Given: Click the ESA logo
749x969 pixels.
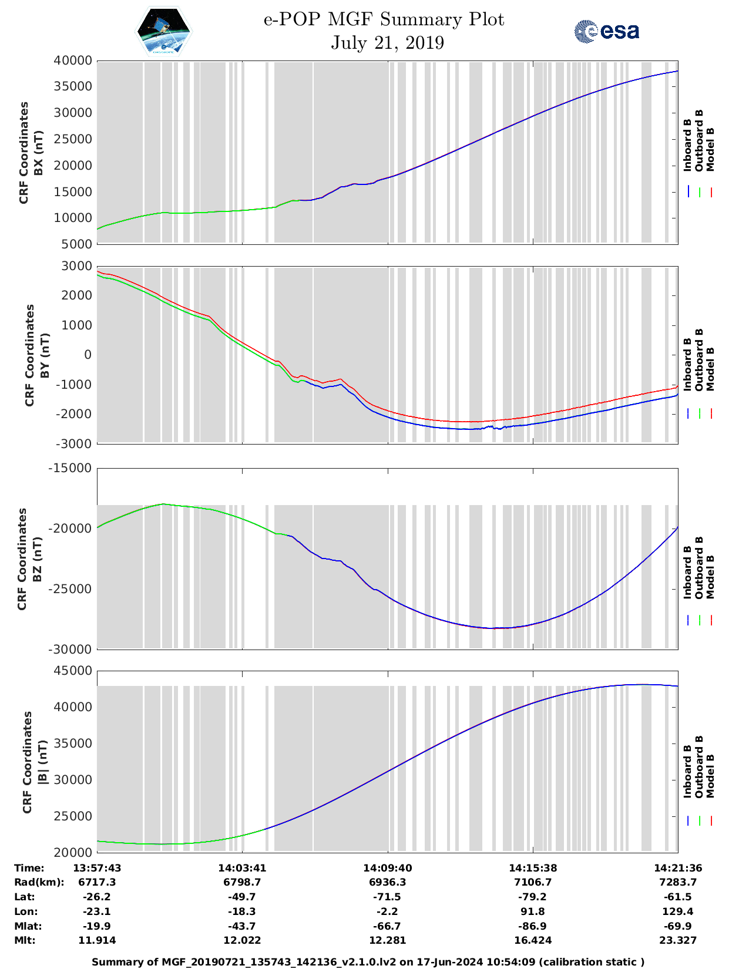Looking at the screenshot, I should (x=606, y=31).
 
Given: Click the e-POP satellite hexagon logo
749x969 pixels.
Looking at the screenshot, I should (x=163, y=31).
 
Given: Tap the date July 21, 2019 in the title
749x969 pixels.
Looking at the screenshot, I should (x=387, y=43).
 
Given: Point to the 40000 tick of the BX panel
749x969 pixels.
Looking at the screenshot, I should (x=73, y=60).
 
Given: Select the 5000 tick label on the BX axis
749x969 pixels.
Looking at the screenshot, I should (x=76, y=244).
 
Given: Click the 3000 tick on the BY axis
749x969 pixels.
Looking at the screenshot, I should (x=76, y=266).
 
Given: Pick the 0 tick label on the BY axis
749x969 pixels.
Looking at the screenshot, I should (x=88, y=355).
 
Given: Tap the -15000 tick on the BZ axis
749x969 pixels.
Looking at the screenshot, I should (x=70, y=468).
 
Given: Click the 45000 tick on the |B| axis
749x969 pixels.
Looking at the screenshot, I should (x=73, y=671).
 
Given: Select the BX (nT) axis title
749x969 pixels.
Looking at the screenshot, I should (x=39, y=153).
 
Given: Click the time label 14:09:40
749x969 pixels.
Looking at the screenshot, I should (x=387, y=868).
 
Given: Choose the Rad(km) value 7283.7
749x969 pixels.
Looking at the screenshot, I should (x=678, y=882).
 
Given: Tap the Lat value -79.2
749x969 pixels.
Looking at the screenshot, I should (x=532, y=897).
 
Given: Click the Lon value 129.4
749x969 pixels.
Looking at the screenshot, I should (x=678, y=911).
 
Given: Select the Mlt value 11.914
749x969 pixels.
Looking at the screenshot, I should (x=97, y=940).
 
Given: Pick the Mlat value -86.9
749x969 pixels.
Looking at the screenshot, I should (x=532, y=926).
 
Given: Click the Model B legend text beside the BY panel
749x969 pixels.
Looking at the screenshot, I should (x=710, y=369).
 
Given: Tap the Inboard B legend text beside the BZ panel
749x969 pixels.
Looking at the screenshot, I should (x=687, y=573).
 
